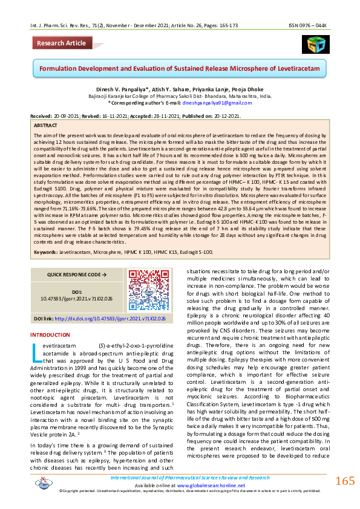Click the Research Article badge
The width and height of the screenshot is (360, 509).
click(x=61, y=43)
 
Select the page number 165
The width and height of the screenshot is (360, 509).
click(x=344, y=481)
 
